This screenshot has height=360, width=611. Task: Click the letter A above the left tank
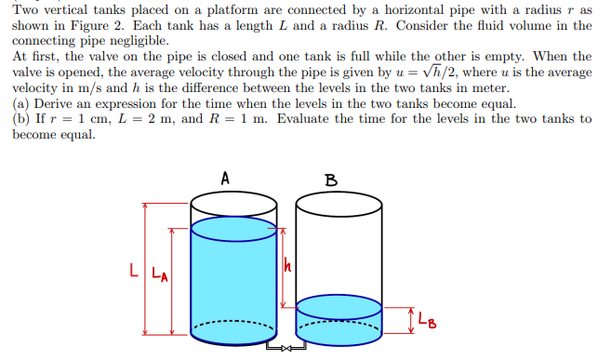[x=226, y=178]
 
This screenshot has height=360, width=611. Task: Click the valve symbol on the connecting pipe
[x=285, y=351]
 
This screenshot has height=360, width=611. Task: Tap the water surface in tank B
[x=339, y=304]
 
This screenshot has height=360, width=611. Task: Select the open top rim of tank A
[x=232, y=204]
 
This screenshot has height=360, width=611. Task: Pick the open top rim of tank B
[x=339, y=204]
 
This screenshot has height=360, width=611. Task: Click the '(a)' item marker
[x=21, y=104]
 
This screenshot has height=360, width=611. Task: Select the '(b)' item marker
[x=21, y=119]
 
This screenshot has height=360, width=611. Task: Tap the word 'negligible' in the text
[x=139, y=41]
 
